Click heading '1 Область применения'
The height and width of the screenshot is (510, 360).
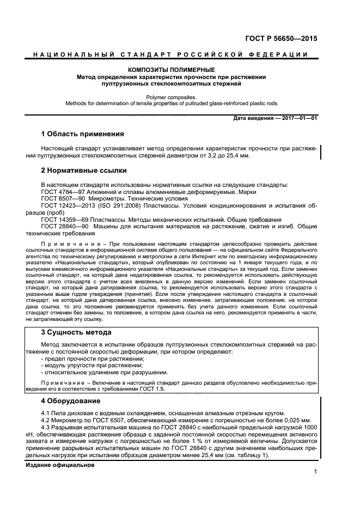point(83,133)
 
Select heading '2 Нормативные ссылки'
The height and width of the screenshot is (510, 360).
point(81,171)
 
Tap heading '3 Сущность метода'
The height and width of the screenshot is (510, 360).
point(76,332)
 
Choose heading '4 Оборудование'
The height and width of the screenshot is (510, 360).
point(71,401)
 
